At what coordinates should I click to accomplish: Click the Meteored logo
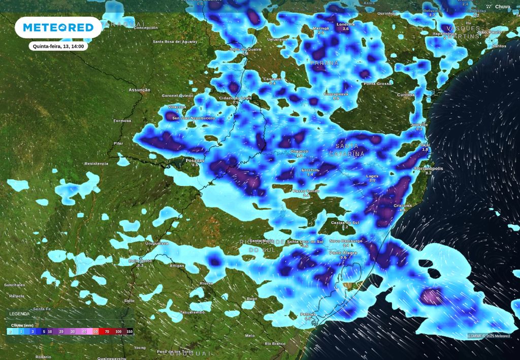tap(58, 27)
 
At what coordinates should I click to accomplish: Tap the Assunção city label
tap(139, 90)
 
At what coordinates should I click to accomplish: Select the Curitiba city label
tap(405, 95)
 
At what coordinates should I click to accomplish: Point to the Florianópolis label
tap(429, 168)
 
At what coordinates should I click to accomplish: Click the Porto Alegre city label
tap(343, 252)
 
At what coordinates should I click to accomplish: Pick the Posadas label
tap(195, 160)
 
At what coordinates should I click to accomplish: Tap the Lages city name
tap(372, 176)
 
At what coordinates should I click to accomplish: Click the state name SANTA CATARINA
tap(347, 150)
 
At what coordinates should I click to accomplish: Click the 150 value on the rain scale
tap(129, 332)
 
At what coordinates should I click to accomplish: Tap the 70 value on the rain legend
tap(107, 332)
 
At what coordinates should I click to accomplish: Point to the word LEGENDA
tap(19, 314)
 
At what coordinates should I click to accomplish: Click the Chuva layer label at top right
tap(502, 7)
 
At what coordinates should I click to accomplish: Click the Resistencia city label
tap(96, 163)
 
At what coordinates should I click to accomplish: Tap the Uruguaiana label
tap(156, 243)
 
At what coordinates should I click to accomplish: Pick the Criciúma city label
tap(402, 205)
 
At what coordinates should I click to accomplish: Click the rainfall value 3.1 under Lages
tap(372, 181)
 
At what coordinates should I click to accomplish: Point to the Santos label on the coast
tap(499, 46)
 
